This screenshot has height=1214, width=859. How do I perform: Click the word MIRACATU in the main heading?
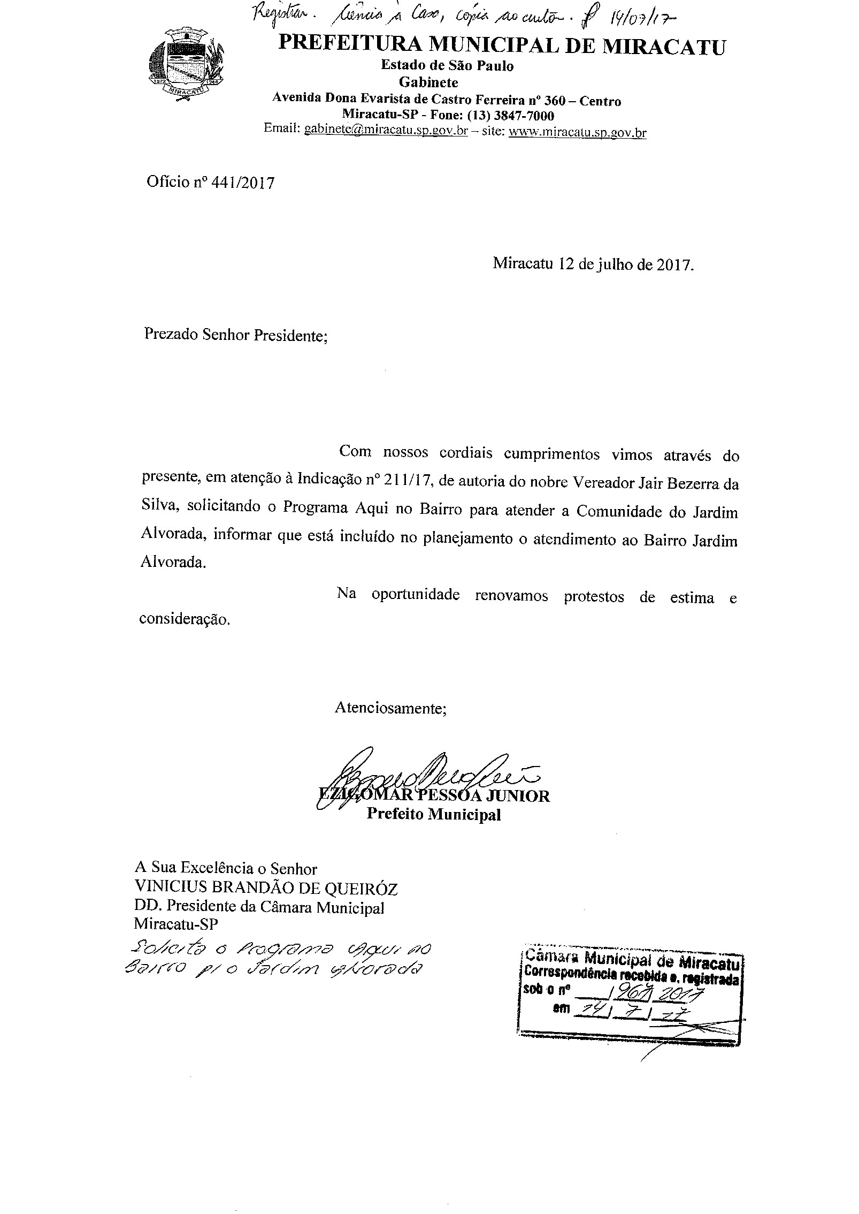(x=664, y=47)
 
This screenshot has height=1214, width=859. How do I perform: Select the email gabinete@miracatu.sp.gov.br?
(x=386, y=130)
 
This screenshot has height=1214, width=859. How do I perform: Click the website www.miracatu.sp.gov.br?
(x=577, y=132)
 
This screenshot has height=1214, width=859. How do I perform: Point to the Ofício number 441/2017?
(x=243, y=183)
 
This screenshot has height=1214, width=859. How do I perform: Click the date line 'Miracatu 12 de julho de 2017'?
(x=593, y=264)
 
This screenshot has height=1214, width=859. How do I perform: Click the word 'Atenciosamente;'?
(x=390, y=708)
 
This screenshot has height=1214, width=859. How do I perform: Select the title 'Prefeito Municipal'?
(x=433, y=815)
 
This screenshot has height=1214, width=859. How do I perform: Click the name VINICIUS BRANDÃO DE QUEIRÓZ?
(x=266, y=889)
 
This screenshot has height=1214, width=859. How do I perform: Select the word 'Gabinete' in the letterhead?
(x=428, y=83)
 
